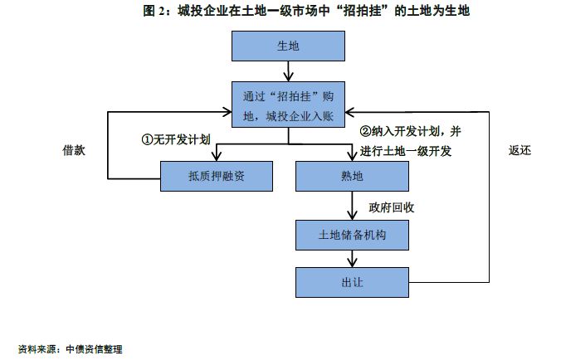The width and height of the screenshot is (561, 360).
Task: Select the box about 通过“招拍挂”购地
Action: click(288, 105)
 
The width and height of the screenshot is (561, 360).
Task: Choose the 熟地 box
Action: click(352, 176)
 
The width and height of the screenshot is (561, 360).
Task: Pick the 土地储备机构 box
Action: click(352, 236)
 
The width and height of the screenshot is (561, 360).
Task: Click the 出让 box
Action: click(352, 282)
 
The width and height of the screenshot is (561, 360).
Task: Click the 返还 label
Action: click(520, 151)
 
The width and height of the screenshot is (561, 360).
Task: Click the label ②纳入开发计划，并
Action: click(410, 132)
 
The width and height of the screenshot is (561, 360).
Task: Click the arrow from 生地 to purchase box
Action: click(288, 71)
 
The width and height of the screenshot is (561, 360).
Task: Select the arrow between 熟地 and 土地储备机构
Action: click(352, 206)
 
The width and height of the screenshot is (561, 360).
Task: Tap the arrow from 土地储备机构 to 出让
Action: click(352, 259)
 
